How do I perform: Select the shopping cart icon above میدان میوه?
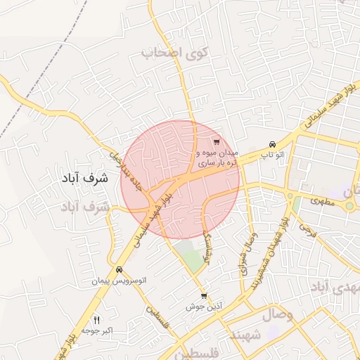(216, 142)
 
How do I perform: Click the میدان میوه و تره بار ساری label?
(217, 157)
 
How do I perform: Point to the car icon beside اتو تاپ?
(272, 143)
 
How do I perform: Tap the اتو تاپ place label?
(272, 154)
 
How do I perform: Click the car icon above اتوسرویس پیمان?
(119, 270)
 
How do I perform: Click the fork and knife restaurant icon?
(97, 320)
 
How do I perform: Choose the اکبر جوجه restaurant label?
(97, 330)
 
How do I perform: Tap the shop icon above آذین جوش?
(204, 296)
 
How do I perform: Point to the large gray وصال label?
(279, 315)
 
